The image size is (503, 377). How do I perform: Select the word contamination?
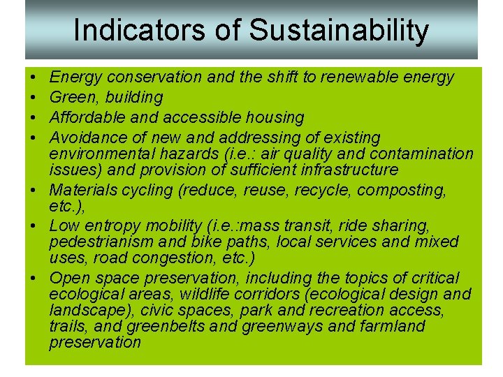click(x=417, y=154)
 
